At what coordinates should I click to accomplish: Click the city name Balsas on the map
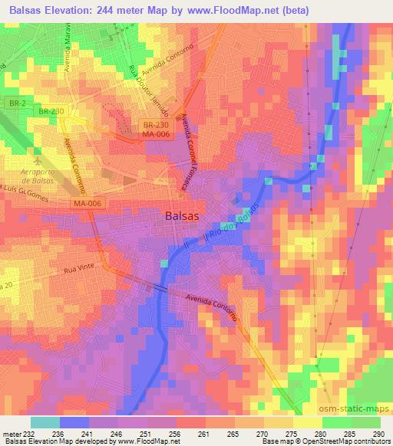coord(185,216)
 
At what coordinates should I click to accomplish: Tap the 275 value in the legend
coord(290,433)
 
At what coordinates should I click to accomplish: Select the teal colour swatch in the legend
coord(45,422)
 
